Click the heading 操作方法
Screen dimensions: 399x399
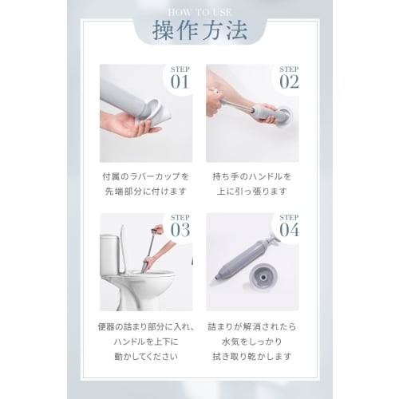[199, 31]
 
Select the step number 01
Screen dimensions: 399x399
[180, 81]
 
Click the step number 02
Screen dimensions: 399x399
[288, 81]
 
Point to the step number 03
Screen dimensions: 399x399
[180, 230]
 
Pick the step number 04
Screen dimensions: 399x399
[288, 230]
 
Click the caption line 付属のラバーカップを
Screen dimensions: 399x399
[146, 176]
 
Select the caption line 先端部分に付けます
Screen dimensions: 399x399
[146, 192]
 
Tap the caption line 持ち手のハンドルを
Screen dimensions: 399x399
[253, 176]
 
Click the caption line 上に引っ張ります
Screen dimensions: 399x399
[253, 192]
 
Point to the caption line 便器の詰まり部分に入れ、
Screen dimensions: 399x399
[146, 327]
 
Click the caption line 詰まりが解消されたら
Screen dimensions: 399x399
[253, 327]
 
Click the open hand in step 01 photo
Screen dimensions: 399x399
[128, 124]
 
